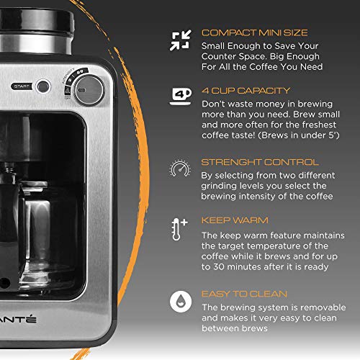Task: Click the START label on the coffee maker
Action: pos(21,86)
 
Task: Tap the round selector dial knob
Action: pos(89,90)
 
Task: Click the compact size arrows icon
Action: pos(179,40)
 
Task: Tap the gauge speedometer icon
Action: pos(179,168)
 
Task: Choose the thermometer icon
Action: pos(179,228)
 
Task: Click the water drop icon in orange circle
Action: pos(179,299)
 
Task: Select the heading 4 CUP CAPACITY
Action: pos(246,91)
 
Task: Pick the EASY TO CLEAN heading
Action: pos(244,294)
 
